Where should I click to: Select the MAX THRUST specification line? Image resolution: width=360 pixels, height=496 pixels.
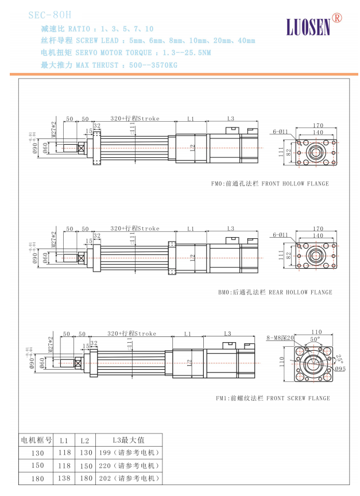[x=109, y=65]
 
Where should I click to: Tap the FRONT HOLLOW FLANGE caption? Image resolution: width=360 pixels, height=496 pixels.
[x=270, y=184]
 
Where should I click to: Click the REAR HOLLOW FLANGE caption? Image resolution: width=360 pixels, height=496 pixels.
[x=274, y=292]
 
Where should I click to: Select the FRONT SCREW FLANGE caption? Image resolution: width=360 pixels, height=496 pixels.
[x=273, y=398]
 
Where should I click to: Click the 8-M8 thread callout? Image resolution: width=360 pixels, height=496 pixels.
[x=281, y=338]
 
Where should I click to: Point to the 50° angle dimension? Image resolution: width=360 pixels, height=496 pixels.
[x=314, y=340]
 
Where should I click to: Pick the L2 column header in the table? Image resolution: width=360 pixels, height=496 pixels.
[x=84, y=440]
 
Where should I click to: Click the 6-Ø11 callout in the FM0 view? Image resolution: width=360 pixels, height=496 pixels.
[x=281, y=131]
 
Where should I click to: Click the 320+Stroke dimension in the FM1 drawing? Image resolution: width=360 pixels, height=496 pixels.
[x=131, y=334]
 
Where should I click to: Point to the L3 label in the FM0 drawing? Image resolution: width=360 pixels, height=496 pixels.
[x=230, y=119]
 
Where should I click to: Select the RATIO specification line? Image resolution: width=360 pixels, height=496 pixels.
[x=97, y=29]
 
